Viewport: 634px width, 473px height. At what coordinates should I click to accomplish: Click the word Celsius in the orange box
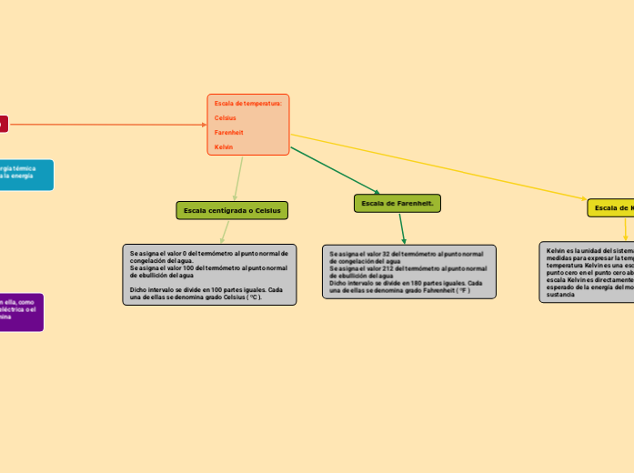click(x=225, y=118)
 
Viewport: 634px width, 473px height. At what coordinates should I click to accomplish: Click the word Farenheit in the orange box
click(x=228, y=133)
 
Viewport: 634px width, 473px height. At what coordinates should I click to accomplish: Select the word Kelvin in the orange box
click(x=224, y=147)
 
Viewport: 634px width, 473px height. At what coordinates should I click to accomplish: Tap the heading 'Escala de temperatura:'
click(x=247, y=104)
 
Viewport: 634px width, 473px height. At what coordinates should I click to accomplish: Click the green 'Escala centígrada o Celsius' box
click(x=232, y=211)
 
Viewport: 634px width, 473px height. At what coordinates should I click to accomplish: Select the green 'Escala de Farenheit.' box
click(x=397, y=204)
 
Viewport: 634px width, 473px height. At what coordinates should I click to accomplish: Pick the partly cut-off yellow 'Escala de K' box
click(x=610, y=208)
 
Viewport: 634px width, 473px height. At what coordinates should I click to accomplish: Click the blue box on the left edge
click(x=25, y=175)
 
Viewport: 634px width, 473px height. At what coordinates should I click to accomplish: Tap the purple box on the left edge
click(x=21, y=311)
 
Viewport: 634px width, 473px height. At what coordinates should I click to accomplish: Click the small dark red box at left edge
click(x=3, y=123)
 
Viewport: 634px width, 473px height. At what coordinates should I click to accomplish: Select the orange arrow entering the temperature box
click(x=109, y=124)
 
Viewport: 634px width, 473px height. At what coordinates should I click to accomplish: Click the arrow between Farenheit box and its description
click(x=402, y=227)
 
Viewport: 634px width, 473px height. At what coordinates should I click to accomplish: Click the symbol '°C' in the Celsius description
click(x=255, y=297)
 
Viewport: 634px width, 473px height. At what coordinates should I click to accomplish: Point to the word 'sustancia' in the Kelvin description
click(x=560, y=296)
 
